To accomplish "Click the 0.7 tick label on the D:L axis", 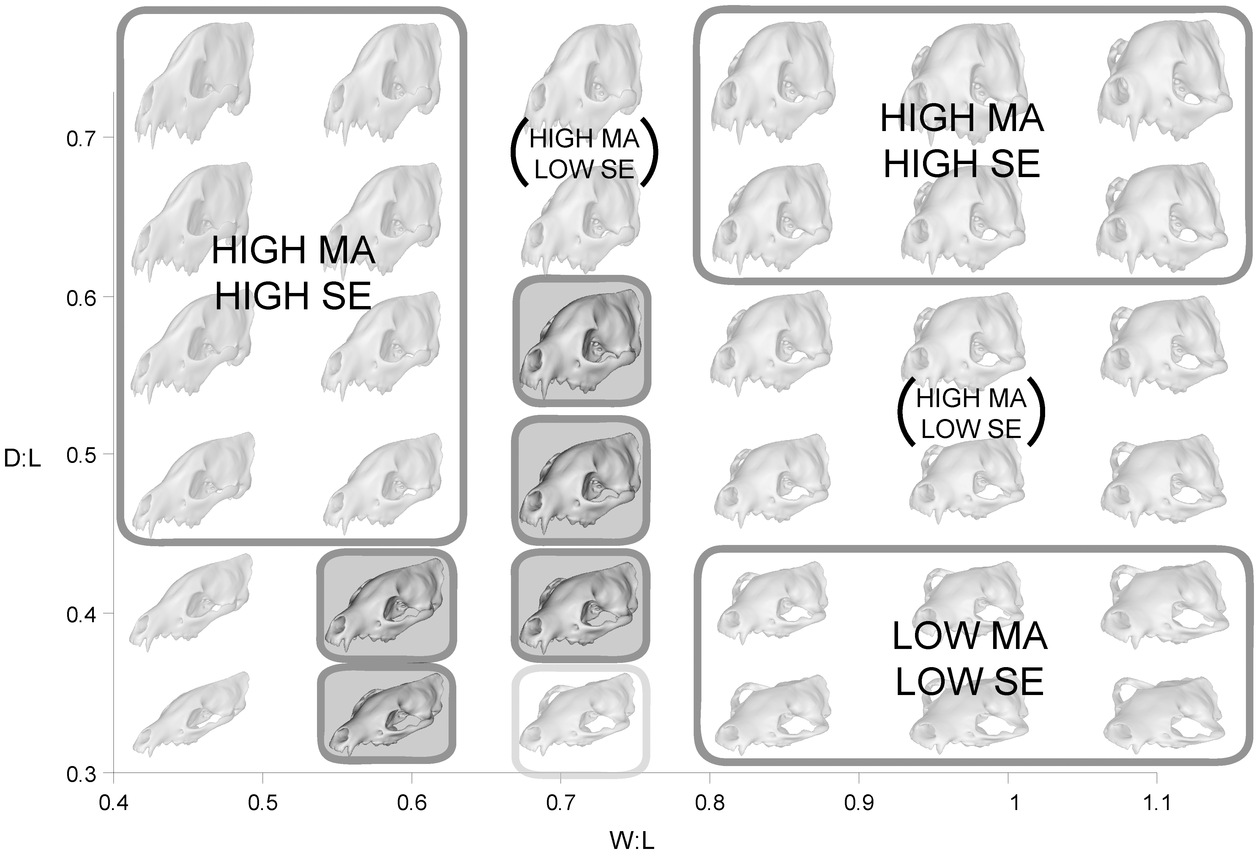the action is tap(81, 139).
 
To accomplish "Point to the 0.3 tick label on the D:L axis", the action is tap(81, 775).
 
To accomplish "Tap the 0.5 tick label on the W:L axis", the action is tap(263, 803).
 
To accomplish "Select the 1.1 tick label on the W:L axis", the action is tap(1156, 803).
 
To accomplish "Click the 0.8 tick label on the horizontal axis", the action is tap(710, 803).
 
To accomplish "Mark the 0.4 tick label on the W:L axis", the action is tap(114, 803).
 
